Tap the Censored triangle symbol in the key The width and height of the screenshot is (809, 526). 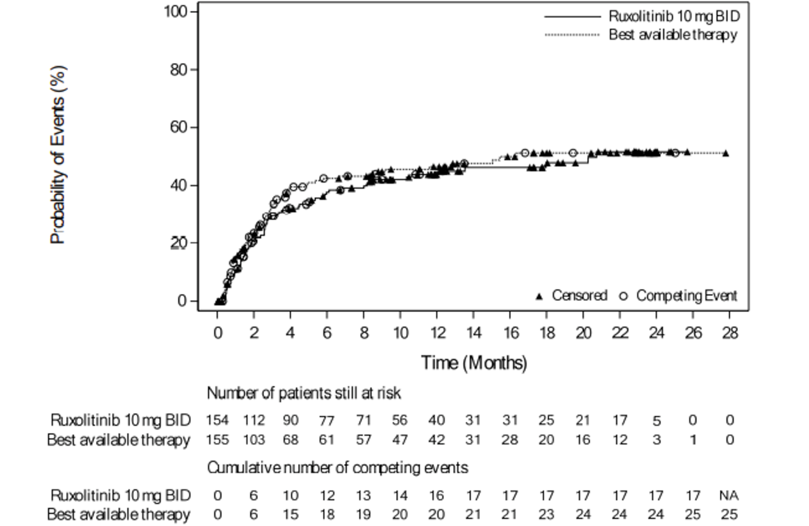click(539, 296)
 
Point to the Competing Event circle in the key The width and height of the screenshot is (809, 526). click(623, 296)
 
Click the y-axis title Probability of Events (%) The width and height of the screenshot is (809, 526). click(58, 155)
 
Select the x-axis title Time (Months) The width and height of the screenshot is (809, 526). click(474, 363)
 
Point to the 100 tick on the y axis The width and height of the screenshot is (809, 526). click(176, 11)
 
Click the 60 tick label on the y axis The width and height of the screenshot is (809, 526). click(179, 127)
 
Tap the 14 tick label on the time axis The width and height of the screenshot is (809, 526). click(473, 333)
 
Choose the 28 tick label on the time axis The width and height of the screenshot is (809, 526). click(729, 333)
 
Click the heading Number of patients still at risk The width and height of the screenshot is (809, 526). click(304, 393)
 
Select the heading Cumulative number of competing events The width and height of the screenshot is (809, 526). click(337, 468)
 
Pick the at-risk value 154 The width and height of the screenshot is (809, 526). click(217, 420)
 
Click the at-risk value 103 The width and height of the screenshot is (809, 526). click(254, 440)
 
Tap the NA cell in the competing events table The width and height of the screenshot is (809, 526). click(729, 496)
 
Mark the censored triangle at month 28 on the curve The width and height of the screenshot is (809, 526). click(725, 153)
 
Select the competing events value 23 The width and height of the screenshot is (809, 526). click(546, 514)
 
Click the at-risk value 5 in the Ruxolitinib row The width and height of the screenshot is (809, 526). click(656, 421)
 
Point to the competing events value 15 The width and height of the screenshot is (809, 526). click(290, 514)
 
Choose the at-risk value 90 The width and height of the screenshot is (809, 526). click(290, 420)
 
